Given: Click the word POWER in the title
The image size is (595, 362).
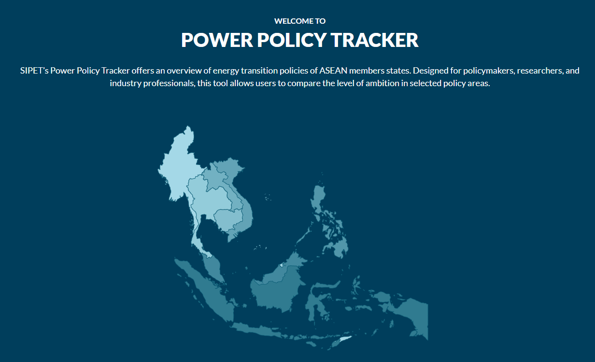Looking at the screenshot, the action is [217, 40].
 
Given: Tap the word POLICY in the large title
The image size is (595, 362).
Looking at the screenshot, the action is [292, 40].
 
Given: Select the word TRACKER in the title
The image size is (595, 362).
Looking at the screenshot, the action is [375, 40].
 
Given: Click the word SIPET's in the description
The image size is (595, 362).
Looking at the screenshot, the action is [34, 71].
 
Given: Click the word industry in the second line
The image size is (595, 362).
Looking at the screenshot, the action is [126, 84].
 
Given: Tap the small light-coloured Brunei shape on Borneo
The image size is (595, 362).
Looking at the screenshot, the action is [282, 265].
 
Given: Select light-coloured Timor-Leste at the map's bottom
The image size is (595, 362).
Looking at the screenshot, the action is [345, 339].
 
